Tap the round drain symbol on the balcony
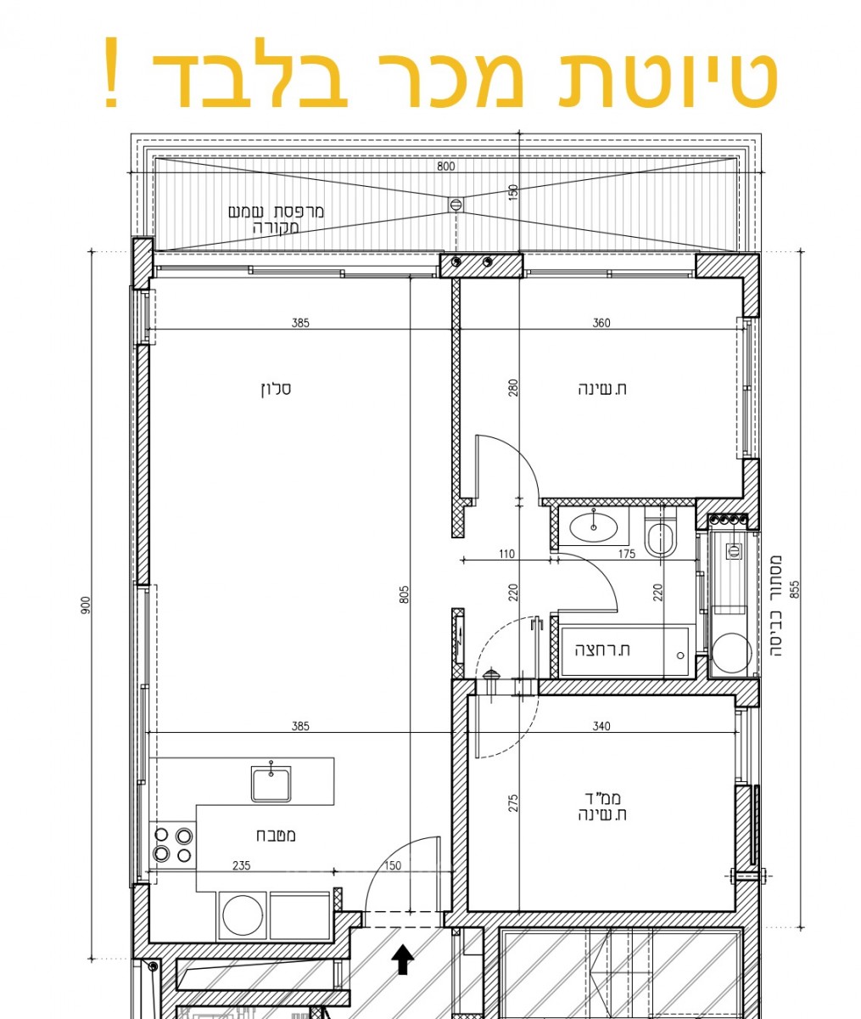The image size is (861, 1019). pos(456,204)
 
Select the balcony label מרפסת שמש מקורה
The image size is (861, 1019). pos(277,219)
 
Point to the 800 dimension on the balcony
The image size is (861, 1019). pos(446,166)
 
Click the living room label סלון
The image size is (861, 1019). pos(276,390)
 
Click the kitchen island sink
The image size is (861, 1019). pos(271,783)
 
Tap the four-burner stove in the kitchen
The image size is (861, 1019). pos(173,845)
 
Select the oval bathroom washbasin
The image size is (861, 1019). pos(593,527)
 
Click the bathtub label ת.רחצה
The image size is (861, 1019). pos(603,650)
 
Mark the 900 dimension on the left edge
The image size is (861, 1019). pos(86,606)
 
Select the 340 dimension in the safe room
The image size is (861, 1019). pos(601,726)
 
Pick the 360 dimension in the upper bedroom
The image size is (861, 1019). pos(601,323)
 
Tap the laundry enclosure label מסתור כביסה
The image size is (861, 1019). pos(775,585)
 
